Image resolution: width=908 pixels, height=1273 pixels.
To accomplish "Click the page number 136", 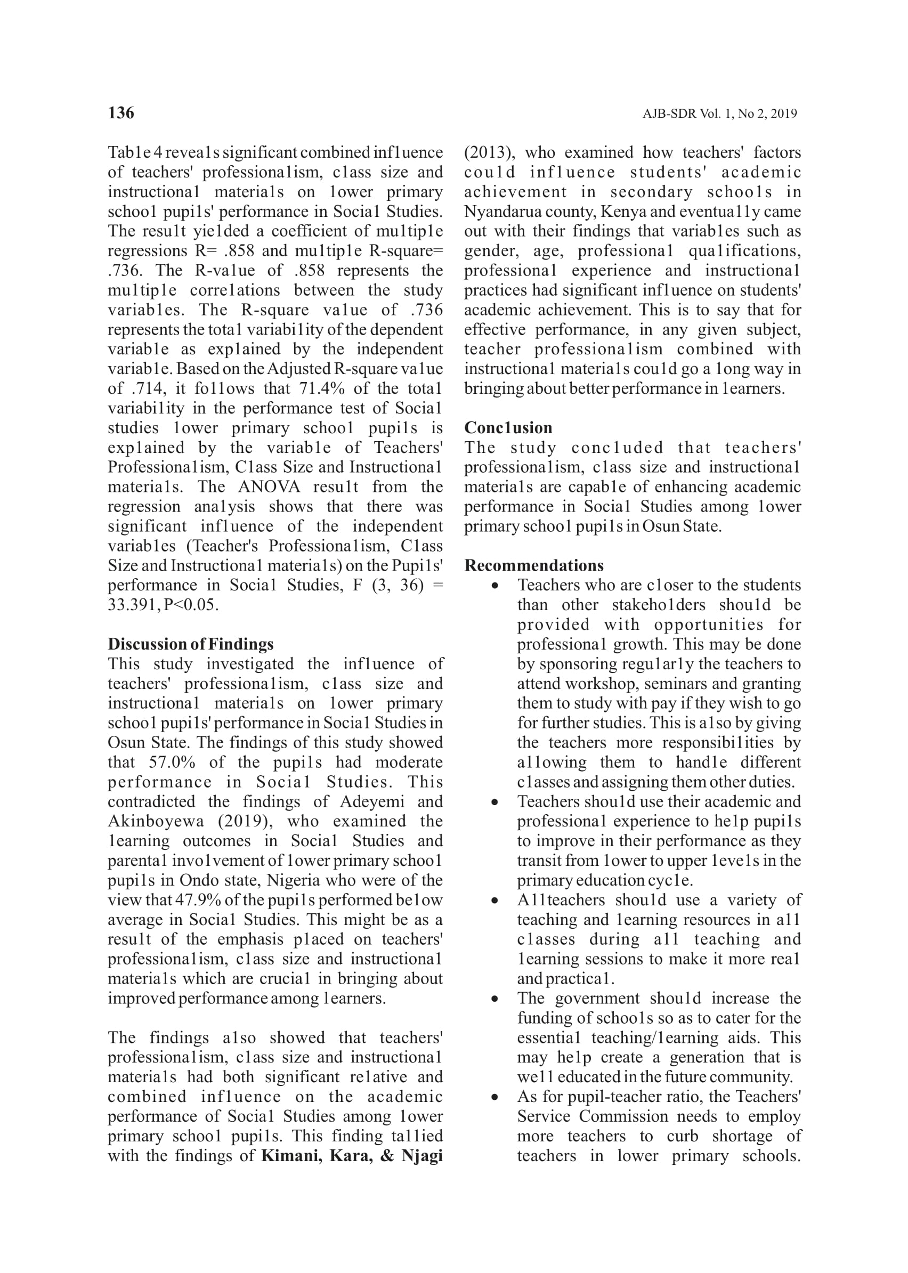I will [121, 113].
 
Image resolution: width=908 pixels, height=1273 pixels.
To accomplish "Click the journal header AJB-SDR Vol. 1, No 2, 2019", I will [719, 114].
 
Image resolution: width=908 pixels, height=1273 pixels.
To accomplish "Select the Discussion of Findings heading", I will [191, 644].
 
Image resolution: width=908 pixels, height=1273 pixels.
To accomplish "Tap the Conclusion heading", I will [508, 428].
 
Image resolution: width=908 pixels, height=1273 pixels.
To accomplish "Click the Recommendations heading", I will [534, 565].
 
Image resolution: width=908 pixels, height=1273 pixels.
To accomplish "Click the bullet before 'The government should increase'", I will [495, 999].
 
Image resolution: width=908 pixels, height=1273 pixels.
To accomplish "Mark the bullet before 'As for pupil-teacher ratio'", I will [495, 1097].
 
